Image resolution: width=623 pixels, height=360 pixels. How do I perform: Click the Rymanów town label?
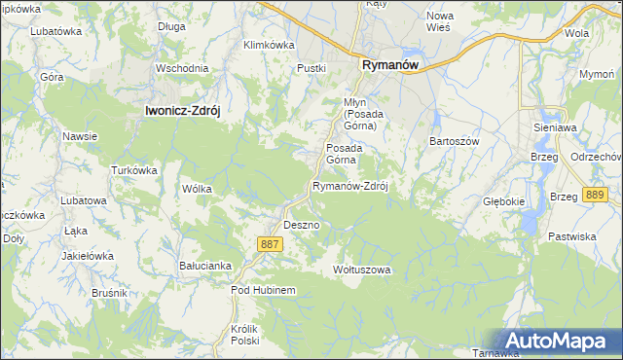click(389, 64)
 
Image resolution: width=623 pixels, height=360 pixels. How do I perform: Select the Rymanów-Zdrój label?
click(349, 186)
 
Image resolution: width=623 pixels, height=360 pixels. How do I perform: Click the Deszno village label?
click(302, 225)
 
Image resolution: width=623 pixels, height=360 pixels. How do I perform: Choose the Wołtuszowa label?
click(361, 269)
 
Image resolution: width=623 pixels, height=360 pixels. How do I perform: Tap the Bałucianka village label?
click(204, 265)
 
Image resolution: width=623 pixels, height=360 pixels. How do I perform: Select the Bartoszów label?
click(456, 141)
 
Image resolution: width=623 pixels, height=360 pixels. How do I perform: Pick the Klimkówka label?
click(269, 45)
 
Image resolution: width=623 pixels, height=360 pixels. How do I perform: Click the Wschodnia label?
click(182, 68)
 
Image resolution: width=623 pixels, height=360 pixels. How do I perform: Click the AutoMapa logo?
click(558, 342)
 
